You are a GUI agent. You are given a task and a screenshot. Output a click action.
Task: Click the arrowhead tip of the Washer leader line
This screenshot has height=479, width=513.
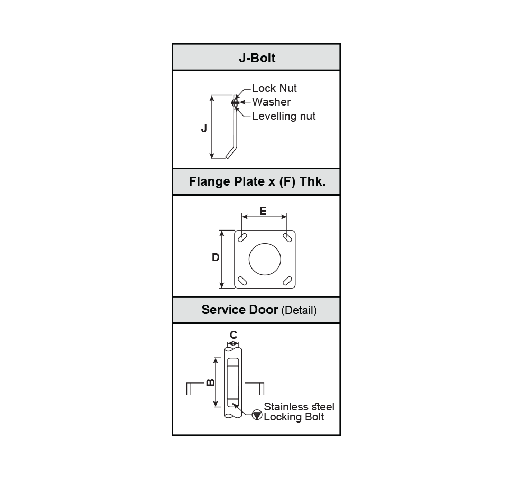pyautogui.click(x=240, y=102)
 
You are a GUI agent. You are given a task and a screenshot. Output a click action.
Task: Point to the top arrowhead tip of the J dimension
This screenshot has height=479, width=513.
pyautogui.click(x=212, y=95)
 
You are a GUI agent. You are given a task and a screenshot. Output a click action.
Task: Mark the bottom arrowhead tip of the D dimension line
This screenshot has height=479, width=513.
pyautogui.click(x=222, y=288)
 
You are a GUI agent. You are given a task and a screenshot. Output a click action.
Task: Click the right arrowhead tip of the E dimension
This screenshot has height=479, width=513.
pyautogui.click(x=286, y=216)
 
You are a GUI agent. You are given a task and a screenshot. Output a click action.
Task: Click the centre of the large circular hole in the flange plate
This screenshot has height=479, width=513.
pyautogui.click(x=265, y=259)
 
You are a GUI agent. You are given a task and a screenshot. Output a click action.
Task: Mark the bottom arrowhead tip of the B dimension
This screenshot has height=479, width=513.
pyautogui.click(x=216, y=407)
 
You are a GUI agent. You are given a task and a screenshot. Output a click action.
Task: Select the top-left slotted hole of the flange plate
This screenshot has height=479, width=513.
pyautogui.click(x=242, y=238)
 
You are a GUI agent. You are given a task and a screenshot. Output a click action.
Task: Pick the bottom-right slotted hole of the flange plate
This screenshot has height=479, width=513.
pyautogui.click(x=287, y=281)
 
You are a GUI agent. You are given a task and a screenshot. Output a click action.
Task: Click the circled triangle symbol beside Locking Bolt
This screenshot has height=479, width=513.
pyautogui.click(x=257, y=415)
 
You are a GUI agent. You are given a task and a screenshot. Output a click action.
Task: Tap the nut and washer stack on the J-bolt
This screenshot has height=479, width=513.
pyautogui.click(x=235, y=103)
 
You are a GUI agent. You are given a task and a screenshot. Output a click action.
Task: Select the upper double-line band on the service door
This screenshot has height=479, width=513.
pyautogui.click(x=233, y=366)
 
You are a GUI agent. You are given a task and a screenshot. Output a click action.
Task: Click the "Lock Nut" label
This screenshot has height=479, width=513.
pyautogui.click(x=274, y=88)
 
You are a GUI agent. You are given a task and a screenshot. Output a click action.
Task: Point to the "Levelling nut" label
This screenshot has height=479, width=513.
pyautogui.click(x=284, y=116)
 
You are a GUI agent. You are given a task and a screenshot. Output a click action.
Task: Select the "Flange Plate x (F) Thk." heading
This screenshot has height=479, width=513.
pyautogui.click(x=257, y=181)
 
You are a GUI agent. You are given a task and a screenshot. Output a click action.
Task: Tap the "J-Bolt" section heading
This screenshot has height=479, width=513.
pyautogui.click(x=257, y=58)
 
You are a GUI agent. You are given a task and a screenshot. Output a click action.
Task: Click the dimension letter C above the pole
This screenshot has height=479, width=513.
pyautogui.click(x=234, y=335)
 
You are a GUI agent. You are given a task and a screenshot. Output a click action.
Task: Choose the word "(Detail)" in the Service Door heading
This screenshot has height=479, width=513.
pyautogui.click(x=299, y=310)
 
